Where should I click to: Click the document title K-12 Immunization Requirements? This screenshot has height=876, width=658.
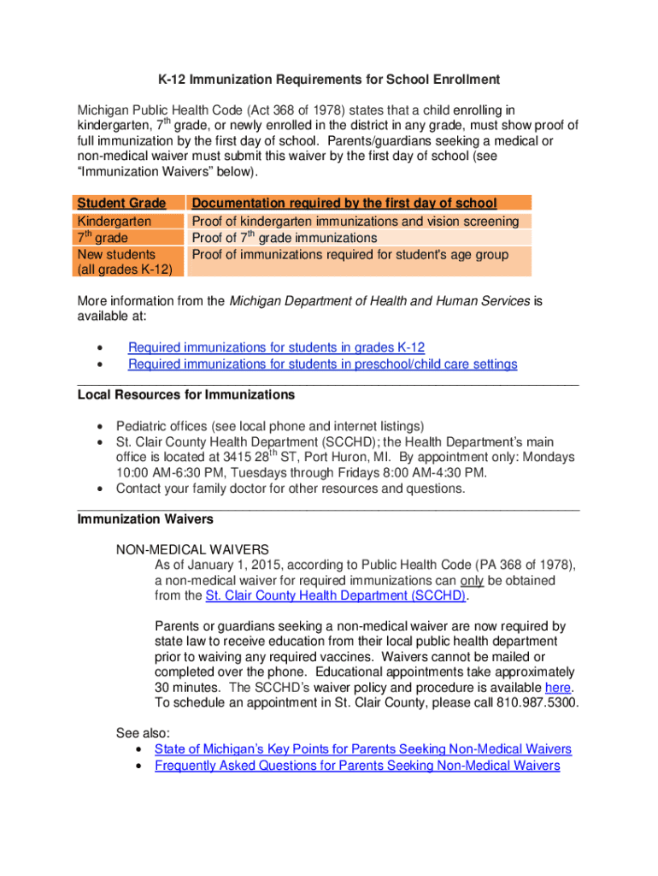click(x=328, y=80)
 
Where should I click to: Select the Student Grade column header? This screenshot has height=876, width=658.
click(x=121, y=203)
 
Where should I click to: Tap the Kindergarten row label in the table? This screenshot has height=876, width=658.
click(x=115, y=222)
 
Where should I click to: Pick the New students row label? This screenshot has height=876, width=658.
click(x=116, y=254)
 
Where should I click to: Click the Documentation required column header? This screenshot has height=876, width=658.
click(x=344, y=203)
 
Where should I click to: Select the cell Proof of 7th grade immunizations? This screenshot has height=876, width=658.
click(x=284, y=238)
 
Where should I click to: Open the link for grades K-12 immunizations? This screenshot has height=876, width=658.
click(x=276, y=347)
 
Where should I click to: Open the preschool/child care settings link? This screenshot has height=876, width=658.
click(x=322, y=364)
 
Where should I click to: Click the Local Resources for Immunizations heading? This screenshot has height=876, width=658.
click(x=185, y=395)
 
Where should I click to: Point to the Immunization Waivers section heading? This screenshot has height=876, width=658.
click(x=145, y=519)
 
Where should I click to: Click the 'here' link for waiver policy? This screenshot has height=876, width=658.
click(x=557, y=688)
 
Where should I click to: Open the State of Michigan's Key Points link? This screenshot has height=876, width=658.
click(x=362, y=749)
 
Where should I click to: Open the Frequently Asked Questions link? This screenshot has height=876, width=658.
click(x=356, y=766)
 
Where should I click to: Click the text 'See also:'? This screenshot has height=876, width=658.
click(x=143, y=733)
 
